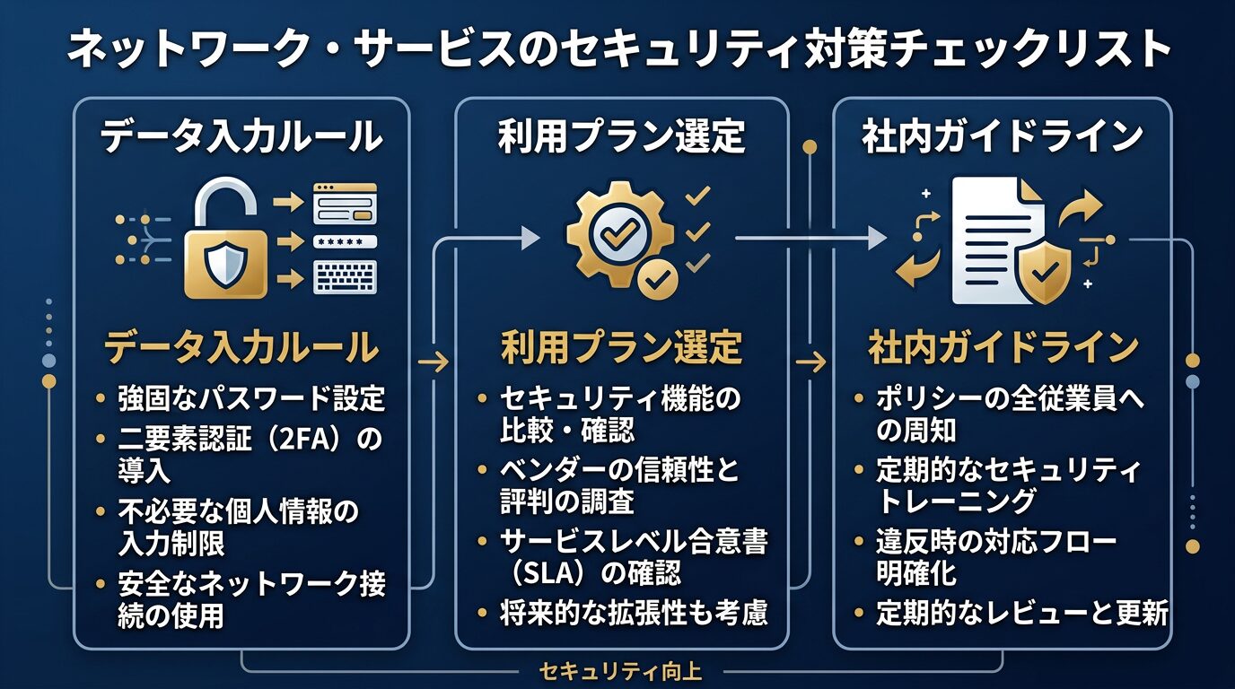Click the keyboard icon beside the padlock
click(x=345, y=277)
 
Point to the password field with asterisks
click(x=345, y=241)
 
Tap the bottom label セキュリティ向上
click(x=620, y=670)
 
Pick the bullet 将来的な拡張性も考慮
click(x=634, y=615)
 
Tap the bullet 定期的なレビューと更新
click(x=1022, y=615)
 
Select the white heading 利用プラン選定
click(x=621, y=137)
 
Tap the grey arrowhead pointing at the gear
click(x=530, y=237)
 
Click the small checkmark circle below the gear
click(x=659, y=280)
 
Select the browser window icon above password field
click(x=345, y=205)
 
